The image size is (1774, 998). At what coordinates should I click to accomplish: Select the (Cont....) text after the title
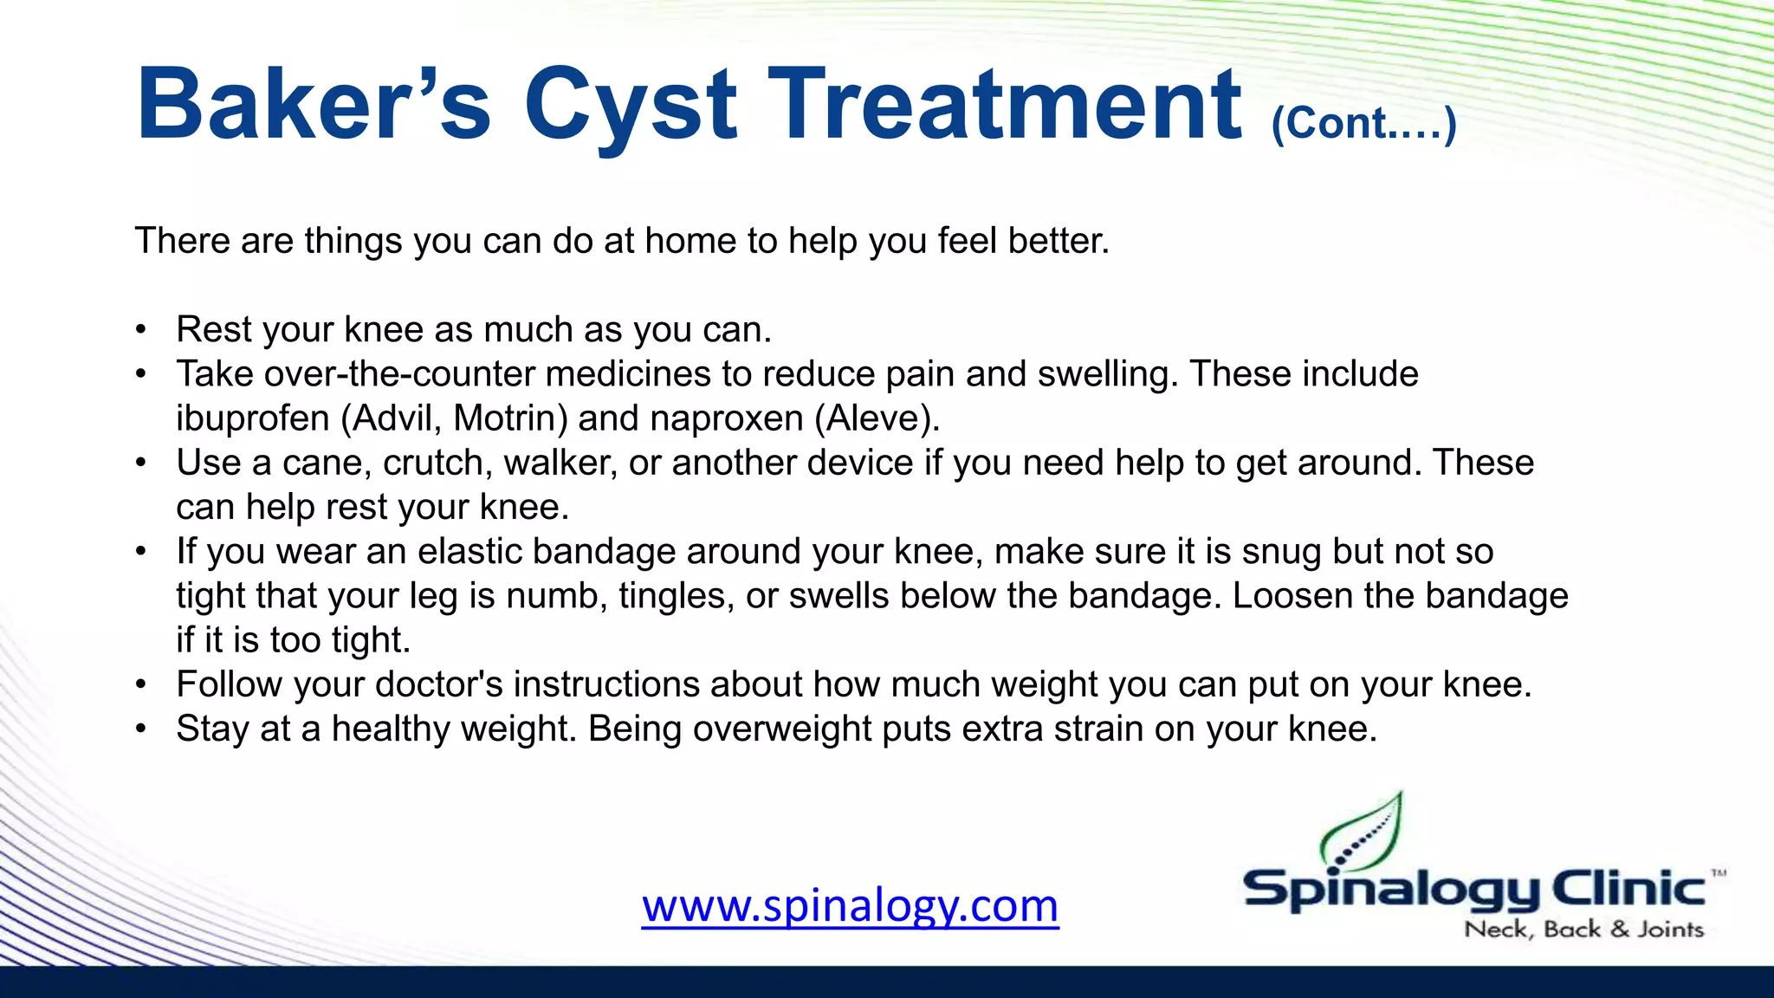point(1363,124)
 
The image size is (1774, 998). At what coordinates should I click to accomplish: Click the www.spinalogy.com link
point(850,905)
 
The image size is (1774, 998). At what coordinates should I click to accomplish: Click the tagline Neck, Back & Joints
point(1583,930)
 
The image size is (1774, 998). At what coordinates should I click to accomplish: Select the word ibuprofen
point(252,418)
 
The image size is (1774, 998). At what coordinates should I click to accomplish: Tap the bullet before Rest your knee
point(141,330)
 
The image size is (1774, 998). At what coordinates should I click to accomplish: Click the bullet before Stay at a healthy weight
point(141,729)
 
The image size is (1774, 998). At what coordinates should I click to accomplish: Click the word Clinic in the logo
point(1628,890)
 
